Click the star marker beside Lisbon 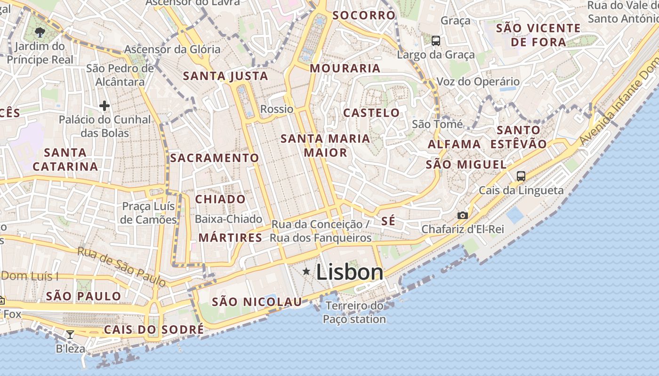point(306,271)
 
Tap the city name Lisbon point(350,272)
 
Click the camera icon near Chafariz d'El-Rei point(463,215)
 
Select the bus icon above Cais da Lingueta point(521,176)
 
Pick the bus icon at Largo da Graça point(436,41)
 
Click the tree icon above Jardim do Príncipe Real point(40,32)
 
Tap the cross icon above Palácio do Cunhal point(104,106)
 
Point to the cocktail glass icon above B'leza point(70,335)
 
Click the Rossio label point(277,109)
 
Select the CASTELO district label point(371,113)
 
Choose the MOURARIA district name point(345,68)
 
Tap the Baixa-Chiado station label point(228,219)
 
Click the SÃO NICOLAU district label point(257,302)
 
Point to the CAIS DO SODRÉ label point(154,329)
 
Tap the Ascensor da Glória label point(172,49)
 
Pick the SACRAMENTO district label point(215,158)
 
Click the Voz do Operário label point(478,81)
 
